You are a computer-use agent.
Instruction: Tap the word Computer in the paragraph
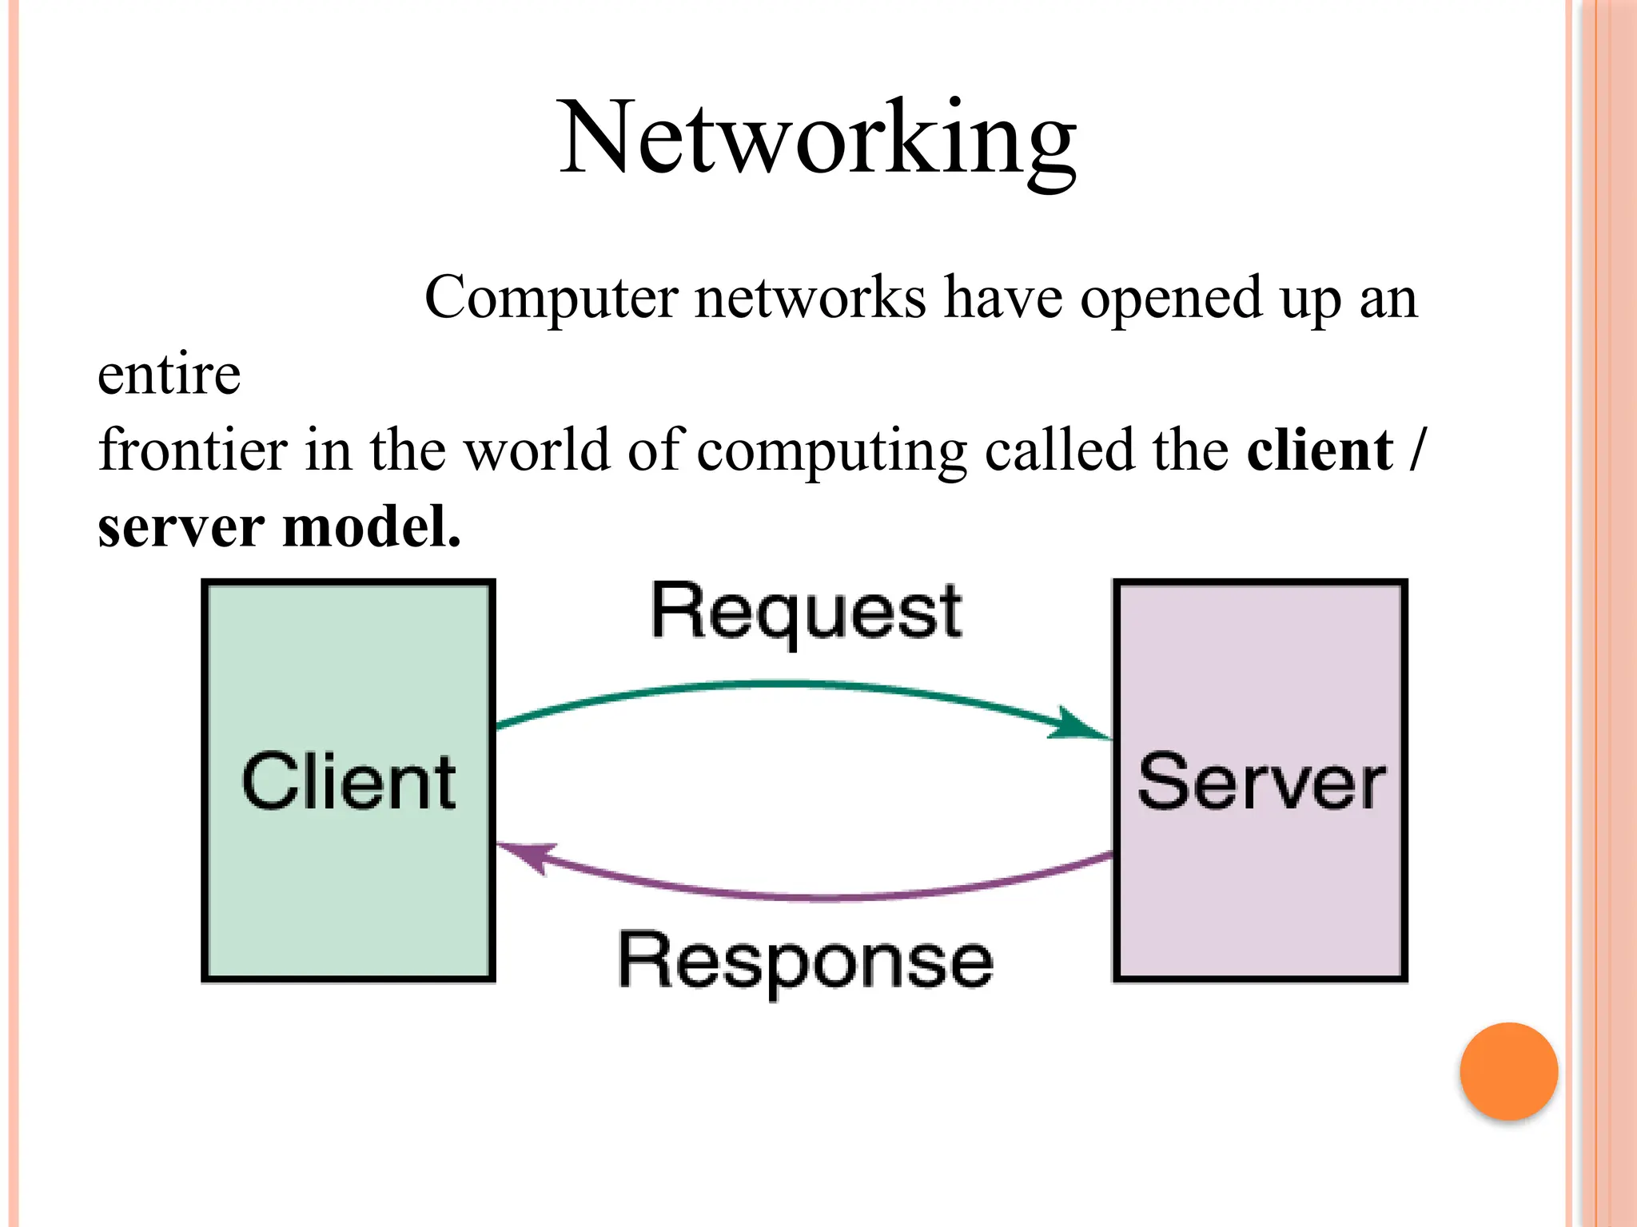(552, 298)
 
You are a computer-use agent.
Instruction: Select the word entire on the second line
(169, 375)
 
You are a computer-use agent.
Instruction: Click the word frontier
(193, 450)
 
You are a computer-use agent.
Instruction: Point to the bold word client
(1320, 450)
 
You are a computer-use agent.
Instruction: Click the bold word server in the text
(181, 527)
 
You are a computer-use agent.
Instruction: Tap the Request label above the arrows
(806, 613)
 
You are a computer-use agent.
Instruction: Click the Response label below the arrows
(806, 962)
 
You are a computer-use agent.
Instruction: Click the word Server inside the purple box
(1261, 783)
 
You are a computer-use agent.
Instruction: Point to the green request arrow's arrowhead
(1079, 725)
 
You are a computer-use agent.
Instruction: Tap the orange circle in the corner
(1508, 1071)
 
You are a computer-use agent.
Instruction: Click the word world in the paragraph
(537, 450)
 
